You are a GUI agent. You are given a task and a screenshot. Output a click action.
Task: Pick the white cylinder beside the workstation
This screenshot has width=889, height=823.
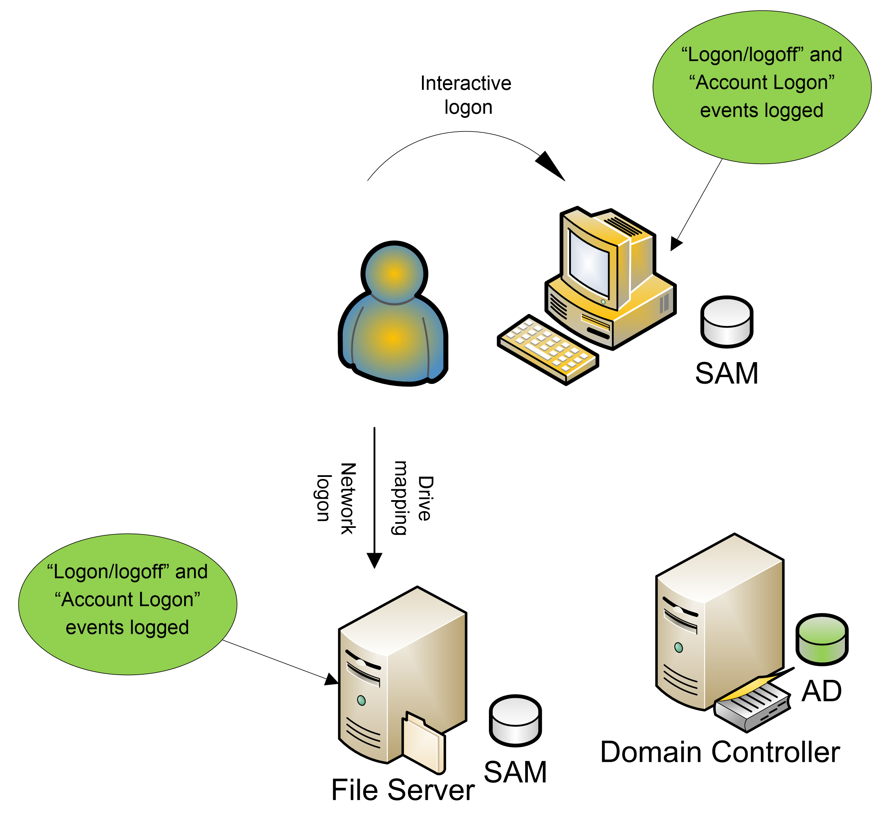click(727, 321)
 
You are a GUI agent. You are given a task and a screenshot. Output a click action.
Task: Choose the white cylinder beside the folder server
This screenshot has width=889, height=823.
click(515, 720)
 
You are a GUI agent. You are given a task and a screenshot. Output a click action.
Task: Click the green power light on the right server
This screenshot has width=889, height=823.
click(678, 647)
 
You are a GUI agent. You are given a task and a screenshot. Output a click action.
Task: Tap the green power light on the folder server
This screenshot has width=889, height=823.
click(361, 701)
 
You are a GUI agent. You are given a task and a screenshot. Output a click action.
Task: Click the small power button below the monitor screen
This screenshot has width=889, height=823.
click(603, 302)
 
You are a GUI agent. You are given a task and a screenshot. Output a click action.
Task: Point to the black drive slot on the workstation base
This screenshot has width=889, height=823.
click(598, 333)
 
